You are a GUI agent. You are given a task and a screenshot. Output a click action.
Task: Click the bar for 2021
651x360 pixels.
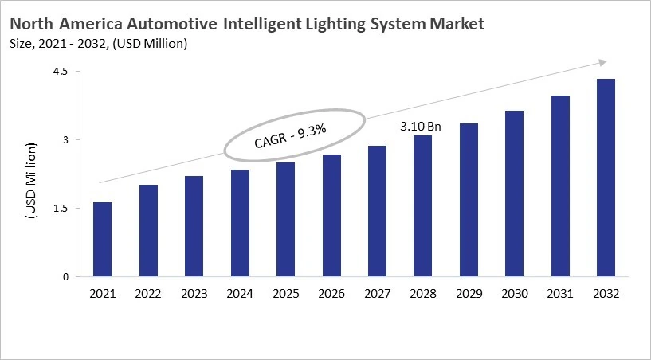point(102,240)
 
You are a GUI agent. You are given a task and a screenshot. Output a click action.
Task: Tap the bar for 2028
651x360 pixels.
point(422,206)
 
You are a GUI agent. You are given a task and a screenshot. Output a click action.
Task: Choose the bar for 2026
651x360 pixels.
point(331,216)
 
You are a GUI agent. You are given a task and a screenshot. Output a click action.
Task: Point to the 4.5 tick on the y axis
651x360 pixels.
point(61,72)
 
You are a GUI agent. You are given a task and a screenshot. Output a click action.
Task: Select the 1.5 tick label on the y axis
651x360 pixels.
point(61,209)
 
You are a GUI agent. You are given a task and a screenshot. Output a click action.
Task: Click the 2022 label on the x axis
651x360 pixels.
point(147,294)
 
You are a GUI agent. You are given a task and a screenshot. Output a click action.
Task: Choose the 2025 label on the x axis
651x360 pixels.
point(286,294)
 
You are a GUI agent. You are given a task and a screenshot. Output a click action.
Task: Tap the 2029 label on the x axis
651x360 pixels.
point(469,294)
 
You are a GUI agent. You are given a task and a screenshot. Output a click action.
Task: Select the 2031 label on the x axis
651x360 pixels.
point(559,294)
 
